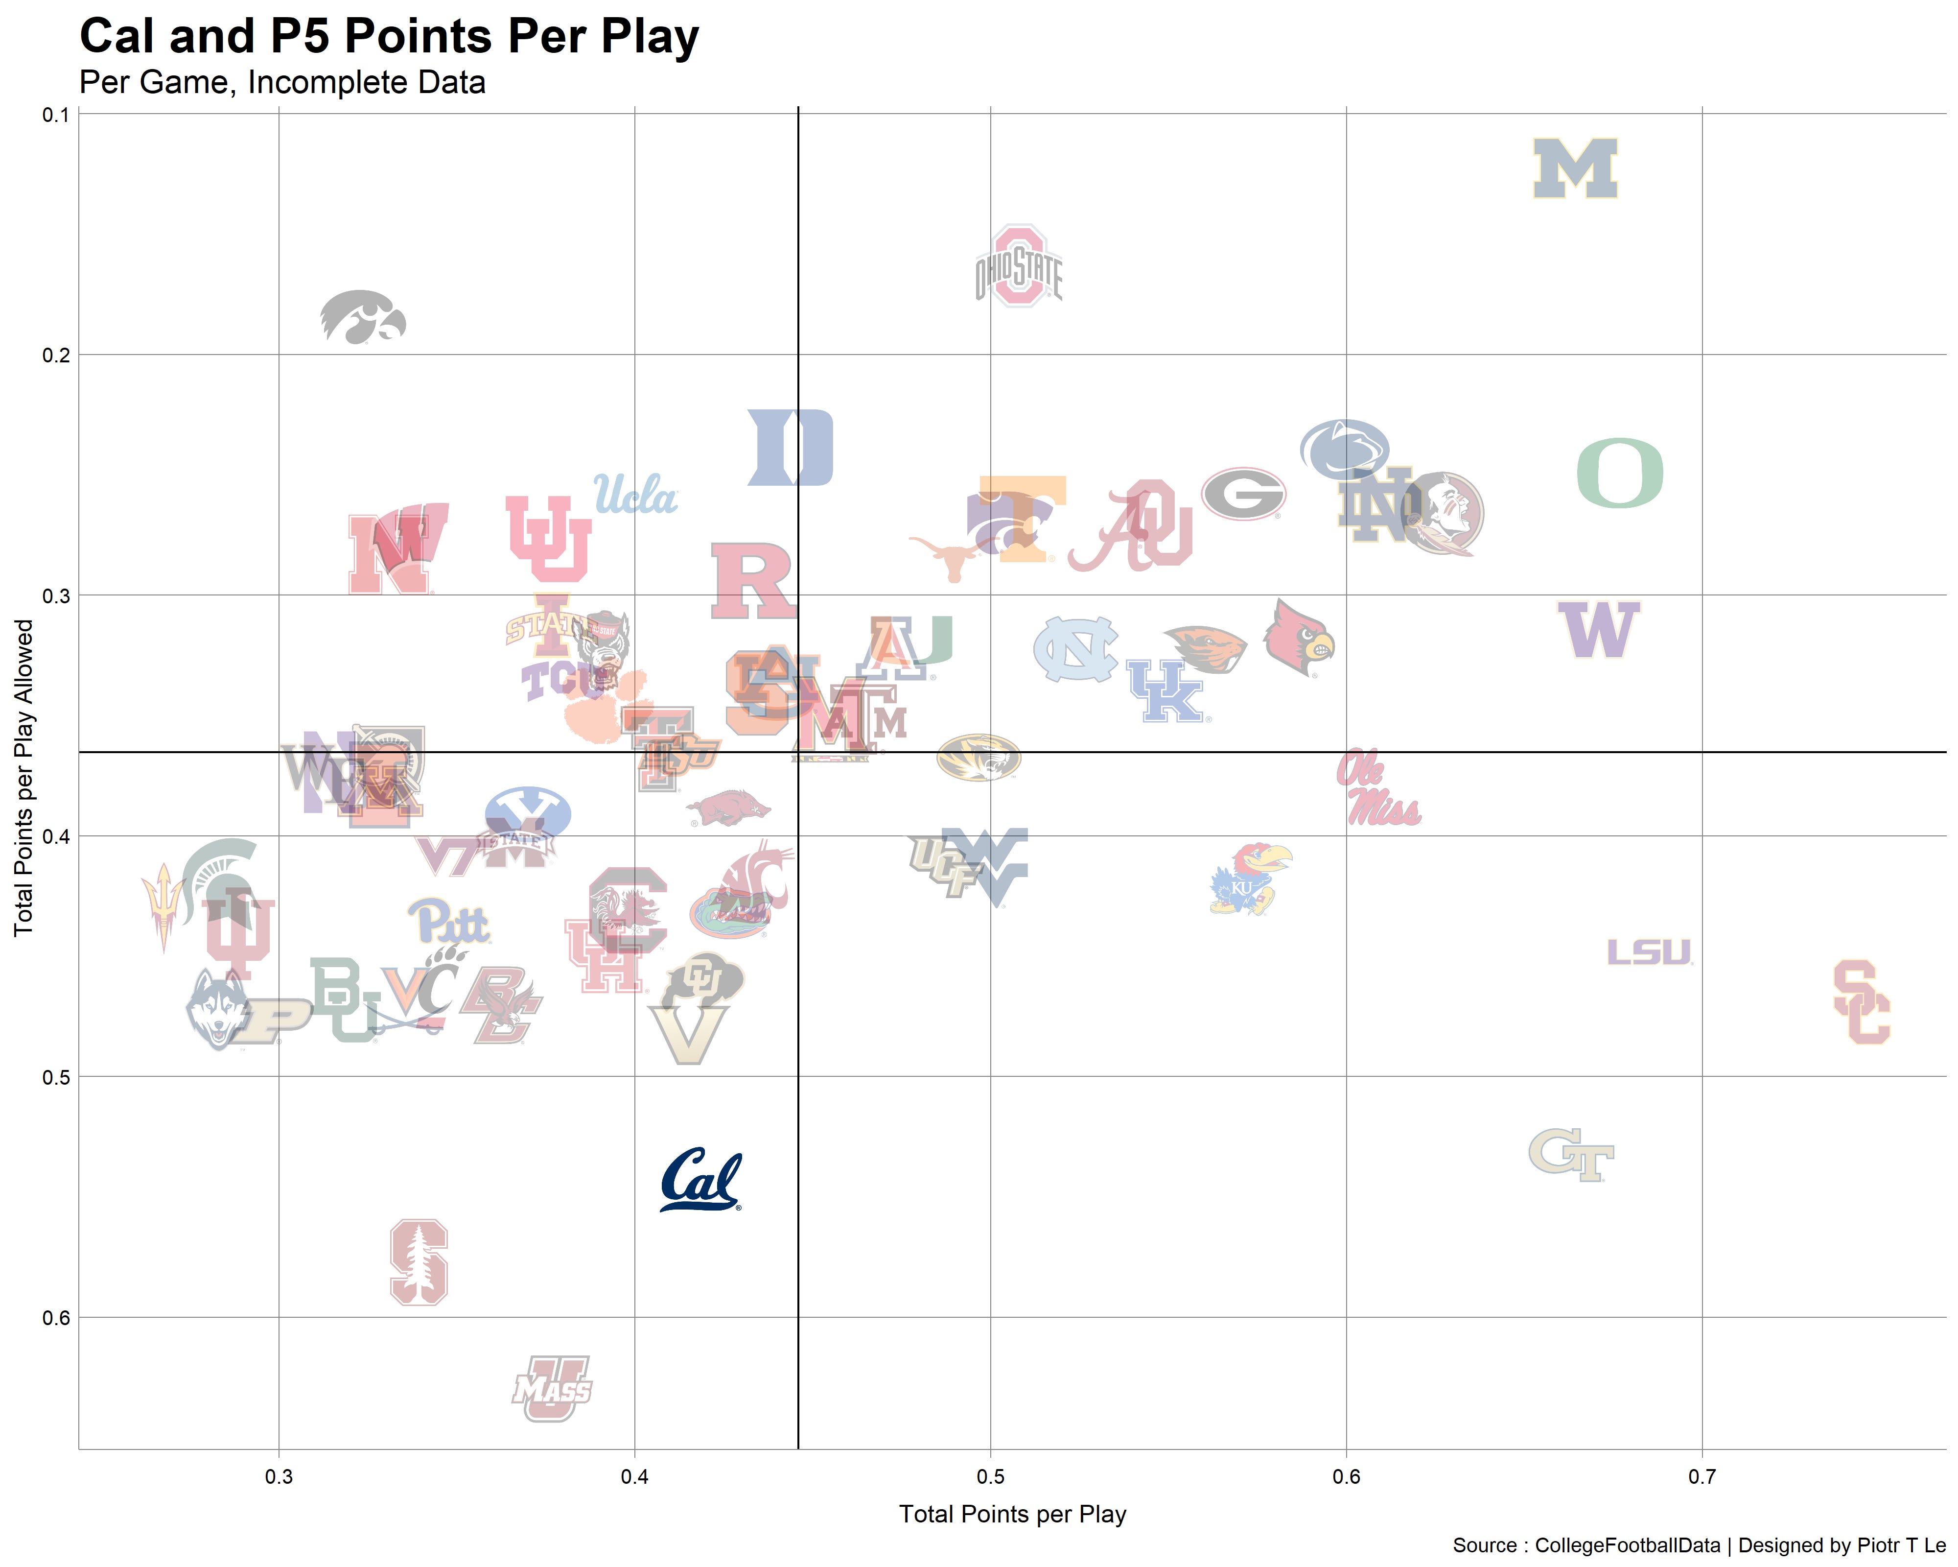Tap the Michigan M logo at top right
pos(1575,169)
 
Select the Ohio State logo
pos(1019,267)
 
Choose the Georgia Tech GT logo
pos(1571,1155)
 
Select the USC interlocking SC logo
pos(1861,1002)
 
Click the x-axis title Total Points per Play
pos(1013,1514)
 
